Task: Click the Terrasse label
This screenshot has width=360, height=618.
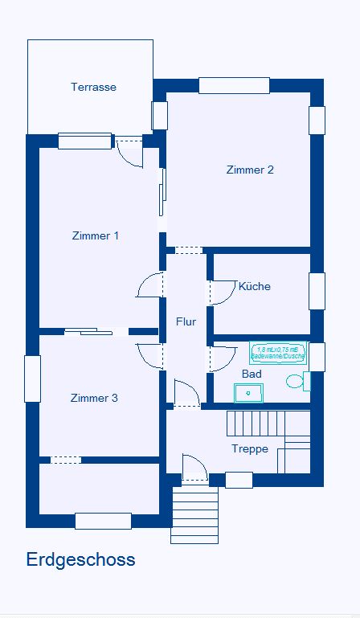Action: tap(93, 87)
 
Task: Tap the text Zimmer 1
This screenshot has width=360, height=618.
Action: tap(96, 235)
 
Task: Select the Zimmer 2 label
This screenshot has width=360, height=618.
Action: tap(250, 170)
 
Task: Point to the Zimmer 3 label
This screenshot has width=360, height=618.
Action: tap(94, 398)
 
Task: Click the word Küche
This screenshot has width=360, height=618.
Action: tap(254, 286)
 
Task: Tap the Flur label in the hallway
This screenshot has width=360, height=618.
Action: tap(186, 321)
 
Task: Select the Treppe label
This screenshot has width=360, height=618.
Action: tap(249, 448)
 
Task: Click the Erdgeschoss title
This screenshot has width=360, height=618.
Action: tap(80, 559)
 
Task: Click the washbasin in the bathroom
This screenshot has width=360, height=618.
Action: tap(248, 392)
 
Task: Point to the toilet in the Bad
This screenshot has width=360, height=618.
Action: tap(297, 382)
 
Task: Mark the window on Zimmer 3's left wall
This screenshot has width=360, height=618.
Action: tap(32, 378)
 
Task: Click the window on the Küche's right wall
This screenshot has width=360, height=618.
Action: tap(317, 291)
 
